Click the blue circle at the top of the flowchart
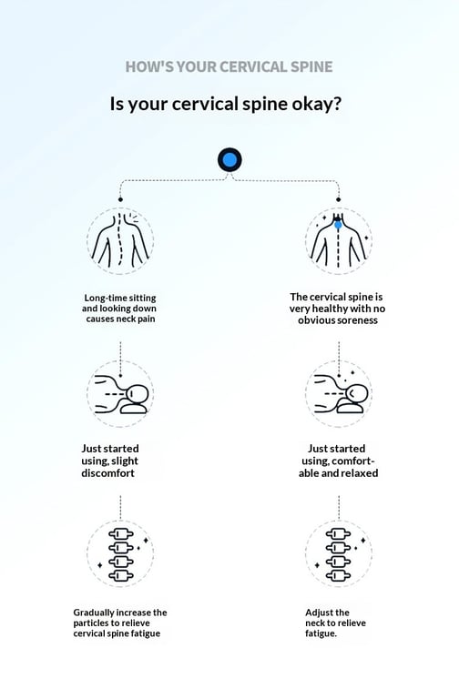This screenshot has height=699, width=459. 229,159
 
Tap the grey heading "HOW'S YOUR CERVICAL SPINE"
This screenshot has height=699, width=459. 229,66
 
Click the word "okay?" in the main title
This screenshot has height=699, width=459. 316,104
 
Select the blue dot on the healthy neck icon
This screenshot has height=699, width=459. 338,225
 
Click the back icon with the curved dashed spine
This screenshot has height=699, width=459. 120,240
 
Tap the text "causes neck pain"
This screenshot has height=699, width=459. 120,319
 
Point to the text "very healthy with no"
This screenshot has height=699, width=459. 337,309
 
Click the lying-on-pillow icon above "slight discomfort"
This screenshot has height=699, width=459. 120,394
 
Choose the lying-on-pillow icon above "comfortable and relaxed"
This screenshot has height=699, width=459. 339,394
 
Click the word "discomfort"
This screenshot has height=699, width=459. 107,473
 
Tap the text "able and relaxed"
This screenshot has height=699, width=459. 338,473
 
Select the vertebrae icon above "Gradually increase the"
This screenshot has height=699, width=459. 120,553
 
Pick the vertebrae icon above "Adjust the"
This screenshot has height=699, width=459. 339,553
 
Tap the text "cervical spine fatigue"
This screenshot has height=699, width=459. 117,633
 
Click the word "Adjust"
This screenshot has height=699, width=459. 320,613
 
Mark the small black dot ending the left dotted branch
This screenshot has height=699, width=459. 120,199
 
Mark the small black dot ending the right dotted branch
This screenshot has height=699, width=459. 338,199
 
